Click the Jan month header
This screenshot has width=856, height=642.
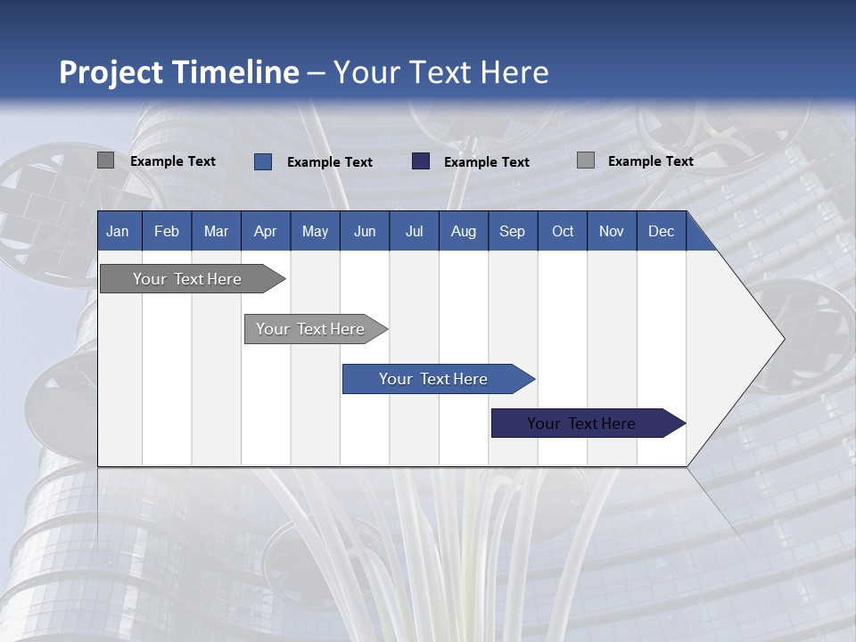pos(118,231)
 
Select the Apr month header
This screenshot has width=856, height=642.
pos(265,231)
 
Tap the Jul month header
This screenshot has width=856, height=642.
pos(414,231)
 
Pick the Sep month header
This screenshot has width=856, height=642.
pos(512,231)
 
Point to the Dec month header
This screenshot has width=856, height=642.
pos(661,231)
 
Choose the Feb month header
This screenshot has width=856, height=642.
pos(167,231)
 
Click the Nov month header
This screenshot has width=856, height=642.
pos(611,231)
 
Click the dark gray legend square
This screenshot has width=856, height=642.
pos(105,160)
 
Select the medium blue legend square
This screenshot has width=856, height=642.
pos(263,161)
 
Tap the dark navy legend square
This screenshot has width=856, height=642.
pos(421,161)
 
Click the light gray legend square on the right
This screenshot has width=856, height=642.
pos(586,160)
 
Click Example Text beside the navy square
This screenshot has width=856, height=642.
pos(486,162)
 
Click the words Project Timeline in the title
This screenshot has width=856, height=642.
pos(178,72)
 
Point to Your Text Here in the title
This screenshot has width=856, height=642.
pos(440,72)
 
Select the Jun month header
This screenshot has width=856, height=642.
pos(365,231)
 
